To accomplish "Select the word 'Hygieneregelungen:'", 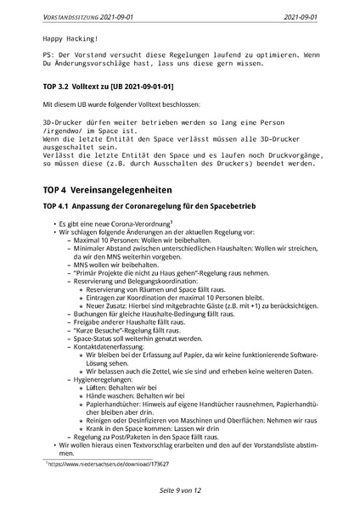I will click(103, 379).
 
